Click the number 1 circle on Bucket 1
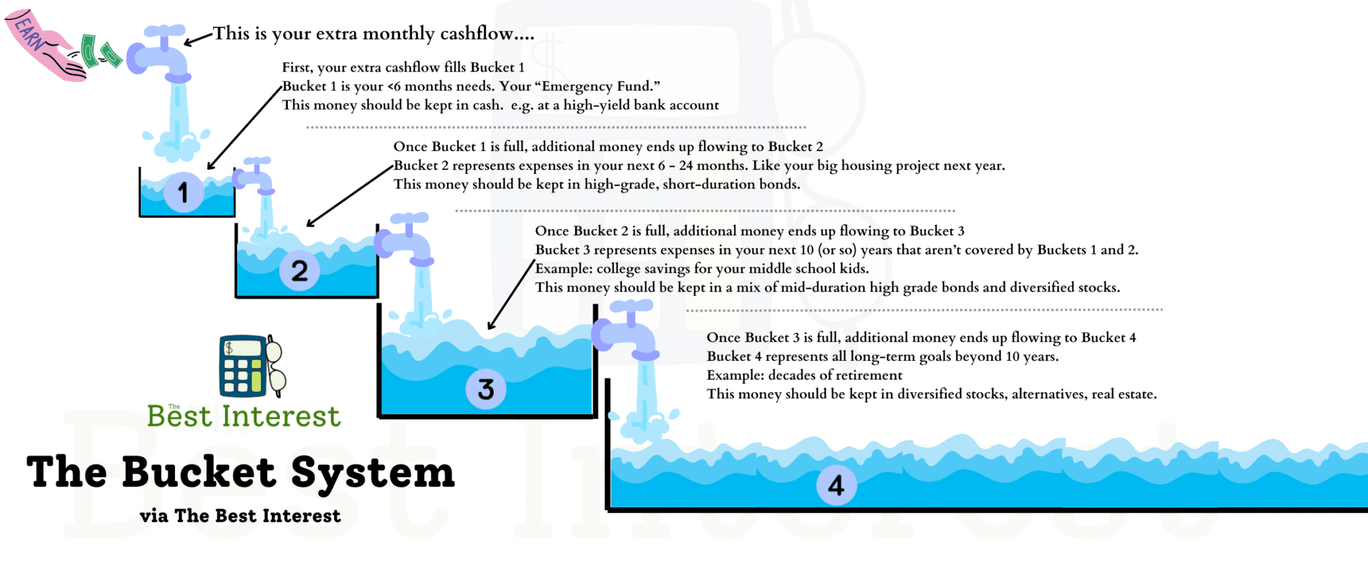(x=184, y=192)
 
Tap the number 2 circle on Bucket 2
(x=299, y=271)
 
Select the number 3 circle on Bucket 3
(x=486, y=389)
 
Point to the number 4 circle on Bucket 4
(x=836, y=485)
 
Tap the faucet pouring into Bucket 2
(x=254, y=175)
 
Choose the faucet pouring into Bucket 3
(x=405, y=239)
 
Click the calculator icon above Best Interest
(x=244, y=366)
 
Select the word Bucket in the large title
(x=199, y=472)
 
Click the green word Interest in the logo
(x=281, y=416)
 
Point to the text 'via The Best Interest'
(x=240, y=516)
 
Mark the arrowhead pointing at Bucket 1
(x=211, y=166)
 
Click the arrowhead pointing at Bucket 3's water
(x=492, y=325)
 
